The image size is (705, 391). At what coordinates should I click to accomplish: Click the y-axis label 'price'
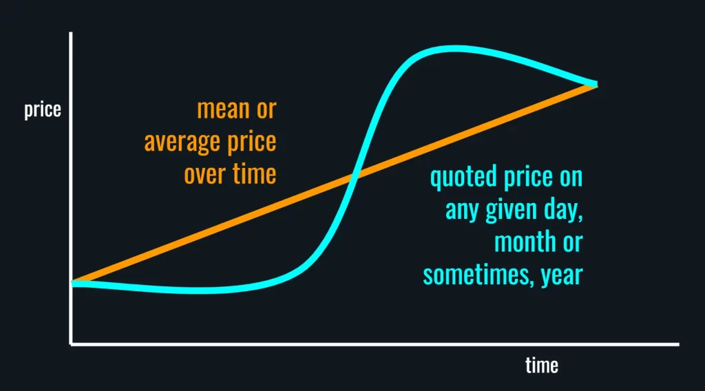pos(42,110)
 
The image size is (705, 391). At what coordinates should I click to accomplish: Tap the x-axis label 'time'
pos(542,365)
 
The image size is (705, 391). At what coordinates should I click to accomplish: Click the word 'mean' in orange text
pos(223,109)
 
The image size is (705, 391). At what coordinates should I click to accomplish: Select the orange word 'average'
pos(183,142)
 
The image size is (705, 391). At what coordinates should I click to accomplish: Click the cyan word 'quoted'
pos(463,177)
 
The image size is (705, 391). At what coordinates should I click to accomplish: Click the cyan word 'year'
pos(562,276)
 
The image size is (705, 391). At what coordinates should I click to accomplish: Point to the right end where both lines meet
pos(596,84)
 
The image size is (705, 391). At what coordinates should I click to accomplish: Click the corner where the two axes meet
pos(71,344)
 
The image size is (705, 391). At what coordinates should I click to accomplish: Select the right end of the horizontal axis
pos(679,344)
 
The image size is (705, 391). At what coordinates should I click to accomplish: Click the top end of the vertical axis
pos(71,32)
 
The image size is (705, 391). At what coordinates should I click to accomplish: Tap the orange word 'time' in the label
pos(254,174)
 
